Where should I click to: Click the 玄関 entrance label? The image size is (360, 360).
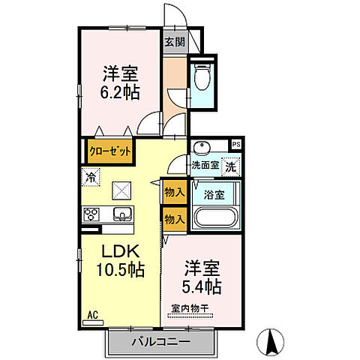point(175,41)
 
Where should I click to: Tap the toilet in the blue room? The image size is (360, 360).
point(202,76)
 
